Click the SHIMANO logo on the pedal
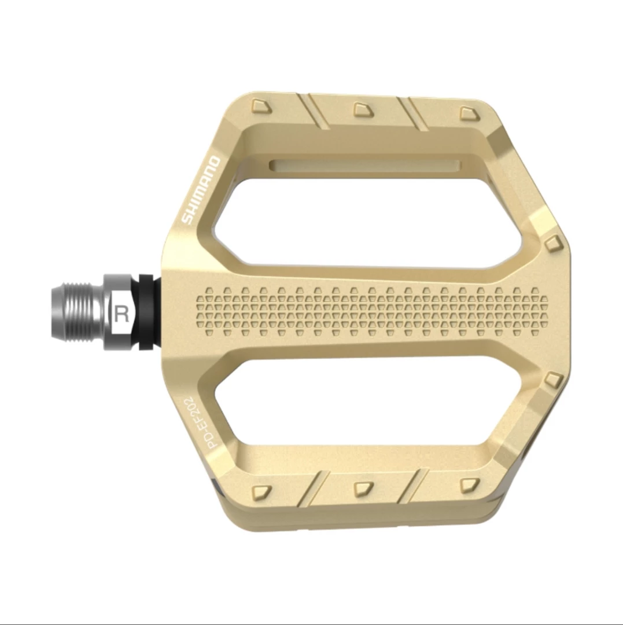coord(201,190)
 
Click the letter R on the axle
coord(121,314)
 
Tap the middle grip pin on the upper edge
coord(363,109)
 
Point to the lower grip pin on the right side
coord(554,380)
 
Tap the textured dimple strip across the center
coord(370,312)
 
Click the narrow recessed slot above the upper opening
coord(364,166)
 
